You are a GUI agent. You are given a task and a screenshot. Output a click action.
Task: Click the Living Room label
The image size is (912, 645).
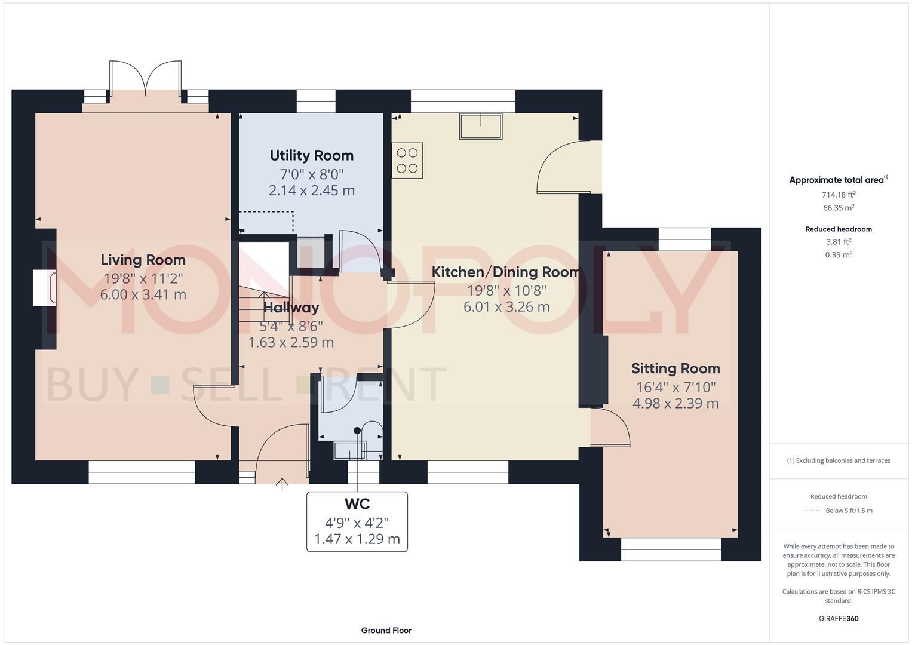click(143, 260)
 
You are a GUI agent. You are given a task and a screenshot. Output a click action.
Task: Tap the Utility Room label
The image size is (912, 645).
click(311, 155)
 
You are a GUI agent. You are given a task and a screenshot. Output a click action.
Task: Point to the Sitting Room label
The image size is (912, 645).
click(675, 368)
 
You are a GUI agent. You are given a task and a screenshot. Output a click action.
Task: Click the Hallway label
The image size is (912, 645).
click(291, 308)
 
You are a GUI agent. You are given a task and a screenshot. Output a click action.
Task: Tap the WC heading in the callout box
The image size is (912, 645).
click(357, 504)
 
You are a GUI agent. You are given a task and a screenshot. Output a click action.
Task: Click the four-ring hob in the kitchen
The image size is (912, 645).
click(407, 161)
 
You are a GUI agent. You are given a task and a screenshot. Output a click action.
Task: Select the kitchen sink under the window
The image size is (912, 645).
click(481, 126)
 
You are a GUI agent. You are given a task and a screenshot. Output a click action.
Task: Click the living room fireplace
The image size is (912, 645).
click(44, 287)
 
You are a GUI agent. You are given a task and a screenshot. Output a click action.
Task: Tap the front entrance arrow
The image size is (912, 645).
click(282, 484)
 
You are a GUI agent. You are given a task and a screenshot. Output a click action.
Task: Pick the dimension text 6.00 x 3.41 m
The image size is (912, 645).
click(143, 294)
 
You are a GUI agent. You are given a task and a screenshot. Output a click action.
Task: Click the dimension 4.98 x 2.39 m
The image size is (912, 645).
click(675, 404)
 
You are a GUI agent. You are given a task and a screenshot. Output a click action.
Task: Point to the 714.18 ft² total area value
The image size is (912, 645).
click(839, 195)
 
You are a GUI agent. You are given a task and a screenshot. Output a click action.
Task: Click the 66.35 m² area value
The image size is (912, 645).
click(839, 208)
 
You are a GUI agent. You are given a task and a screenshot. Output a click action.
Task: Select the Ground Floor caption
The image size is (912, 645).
click(386, 630)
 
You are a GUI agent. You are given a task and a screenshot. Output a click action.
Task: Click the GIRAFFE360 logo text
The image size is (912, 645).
click(839, 618)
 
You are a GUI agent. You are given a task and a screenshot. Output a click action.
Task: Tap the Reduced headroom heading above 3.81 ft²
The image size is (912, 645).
click(839, 229)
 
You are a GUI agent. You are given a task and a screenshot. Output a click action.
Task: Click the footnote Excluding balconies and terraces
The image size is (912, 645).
click(839, 460)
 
